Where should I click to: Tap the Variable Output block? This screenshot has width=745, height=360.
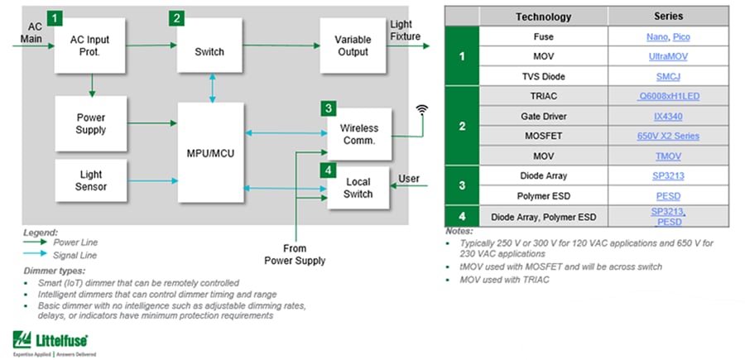(x=353, y=46)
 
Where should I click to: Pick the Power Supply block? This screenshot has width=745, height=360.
(x=91, y=122)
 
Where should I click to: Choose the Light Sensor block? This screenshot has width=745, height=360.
(x=91, y=180)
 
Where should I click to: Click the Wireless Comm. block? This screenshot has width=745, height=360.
(x=358, y=134)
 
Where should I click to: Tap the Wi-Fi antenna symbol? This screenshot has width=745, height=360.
(x=421, y=109)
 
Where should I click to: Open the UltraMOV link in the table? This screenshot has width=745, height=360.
(x=668, y=57)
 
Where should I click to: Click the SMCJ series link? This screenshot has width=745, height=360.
(x=668, y=77)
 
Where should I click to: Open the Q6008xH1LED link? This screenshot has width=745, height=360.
(x=668, y=97)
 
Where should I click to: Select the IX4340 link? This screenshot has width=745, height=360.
(x=668, y=117)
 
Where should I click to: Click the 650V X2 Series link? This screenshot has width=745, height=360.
(x=668, y=136)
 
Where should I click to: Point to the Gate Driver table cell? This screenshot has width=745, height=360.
(x=543, y=117)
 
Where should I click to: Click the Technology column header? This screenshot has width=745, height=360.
(x=543, y=17)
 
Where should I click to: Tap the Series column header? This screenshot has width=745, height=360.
(x=668, y=17)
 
